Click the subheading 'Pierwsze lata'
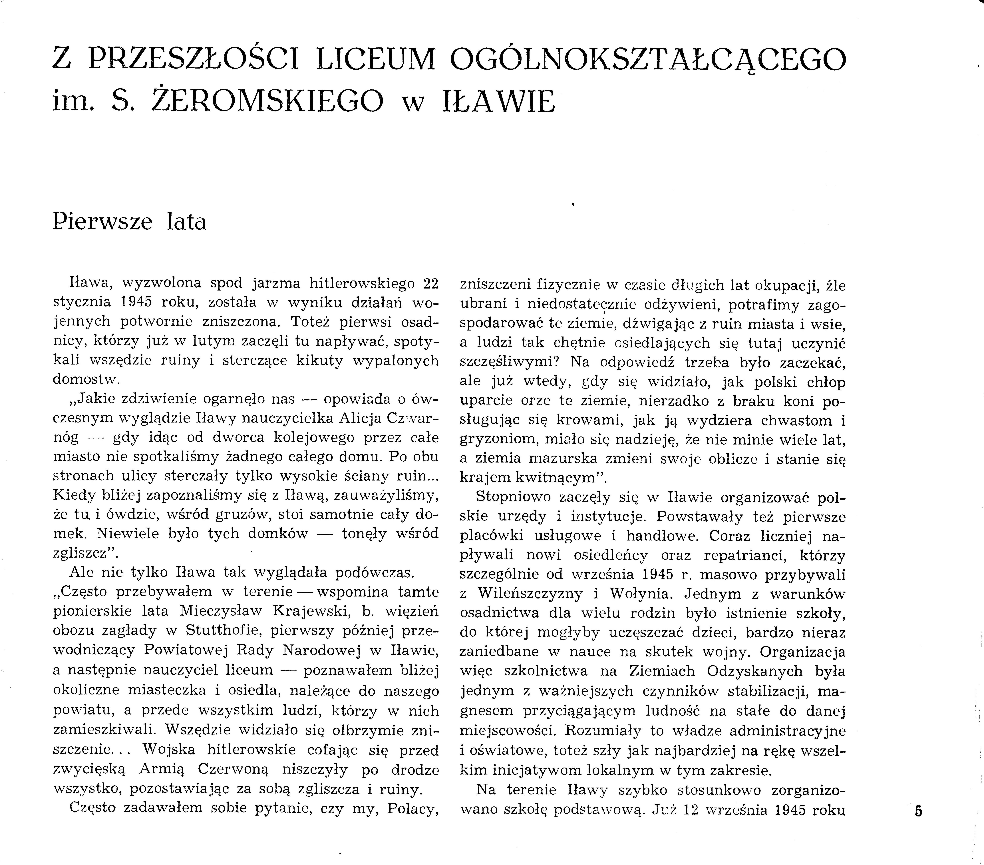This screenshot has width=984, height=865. (129, 222)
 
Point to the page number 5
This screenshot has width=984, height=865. (919, 812)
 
